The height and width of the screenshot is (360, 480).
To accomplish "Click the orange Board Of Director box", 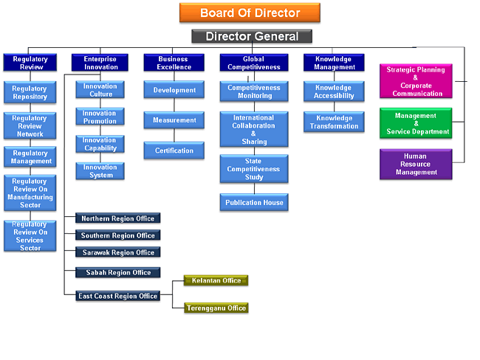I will [x=250, y=13].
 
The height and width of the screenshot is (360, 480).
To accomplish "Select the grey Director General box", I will [x=252, y=36].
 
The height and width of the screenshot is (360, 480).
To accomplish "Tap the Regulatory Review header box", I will [x=30, y=63].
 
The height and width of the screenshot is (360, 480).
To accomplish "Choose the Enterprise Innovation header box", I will [x=100, y=63].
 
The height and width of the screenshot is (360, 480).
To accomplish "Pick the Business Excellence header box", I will [x=174, y=63].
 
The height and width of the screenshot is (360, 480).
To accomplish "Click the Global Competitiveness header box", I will [x=254, y=63].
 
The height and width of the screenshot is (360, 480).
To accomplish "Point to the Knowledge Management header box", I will [x=333, y=63].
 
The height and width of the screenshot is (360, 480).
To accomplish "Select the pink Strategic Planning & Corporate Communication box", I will [x=416, y=81].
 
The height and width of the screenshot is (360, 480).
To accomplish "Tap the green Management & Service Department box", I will [x=416, y=123].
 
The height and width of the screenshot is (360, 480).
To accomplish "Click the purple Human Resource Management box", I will [x=416, y=165].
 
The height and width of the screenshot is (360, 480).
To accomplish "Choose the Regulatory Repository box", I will [x=30, y=92].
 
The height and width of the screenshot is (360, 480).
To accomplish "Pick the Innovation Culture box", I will [x=100, y=90].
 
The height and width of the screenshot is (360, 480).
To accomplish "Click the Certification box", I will [x=174, y=150].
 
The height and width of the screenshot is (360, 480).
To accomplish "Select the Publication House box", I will [x=254, y=202].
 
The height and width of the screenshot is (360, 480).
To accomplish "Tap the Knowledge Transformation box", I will [x=333, y=122].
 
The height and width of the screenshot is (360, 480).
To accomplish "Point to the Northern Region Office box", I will [x=118, y=218].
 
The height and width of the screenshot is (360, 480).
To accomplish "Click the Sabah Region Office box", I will [x=118, y=272].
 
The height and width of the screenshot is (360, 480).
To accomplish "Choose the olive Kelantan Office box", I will [x=216, y=280].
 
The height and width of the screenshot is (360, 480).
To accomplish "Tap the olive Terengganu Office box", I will [x=216, y=308].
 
